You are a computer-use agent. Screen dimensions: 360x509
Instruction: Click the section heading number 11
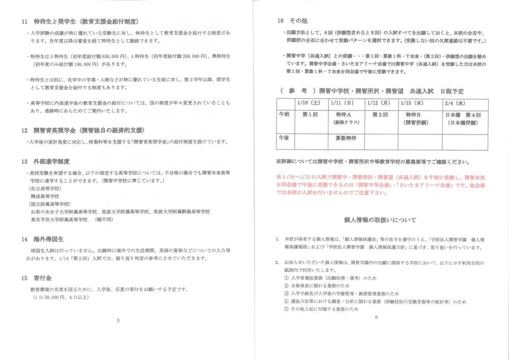[x=24, y=22]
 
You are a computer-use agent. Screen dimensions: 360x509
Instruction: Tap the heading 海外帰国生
[x=49, y=239]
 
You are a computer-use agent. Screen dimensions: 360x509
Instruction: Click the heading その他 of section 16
[x=300, y=21]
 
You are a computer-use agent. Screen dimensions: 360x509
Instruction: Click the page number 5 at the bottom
[x=119, y=321]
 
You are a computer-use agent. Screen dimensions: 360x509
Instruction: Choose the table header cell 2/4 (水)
[x=455, y=103]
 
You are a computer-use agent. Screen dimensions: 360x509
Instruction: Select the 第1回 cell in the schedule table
[x=309, y=115]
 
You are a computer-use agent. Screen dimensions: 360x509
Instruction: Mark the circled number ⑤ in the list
[x=286, y=309]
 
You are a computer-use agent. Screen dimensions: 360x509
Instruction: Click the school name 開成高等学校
[x=45, y=196]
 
